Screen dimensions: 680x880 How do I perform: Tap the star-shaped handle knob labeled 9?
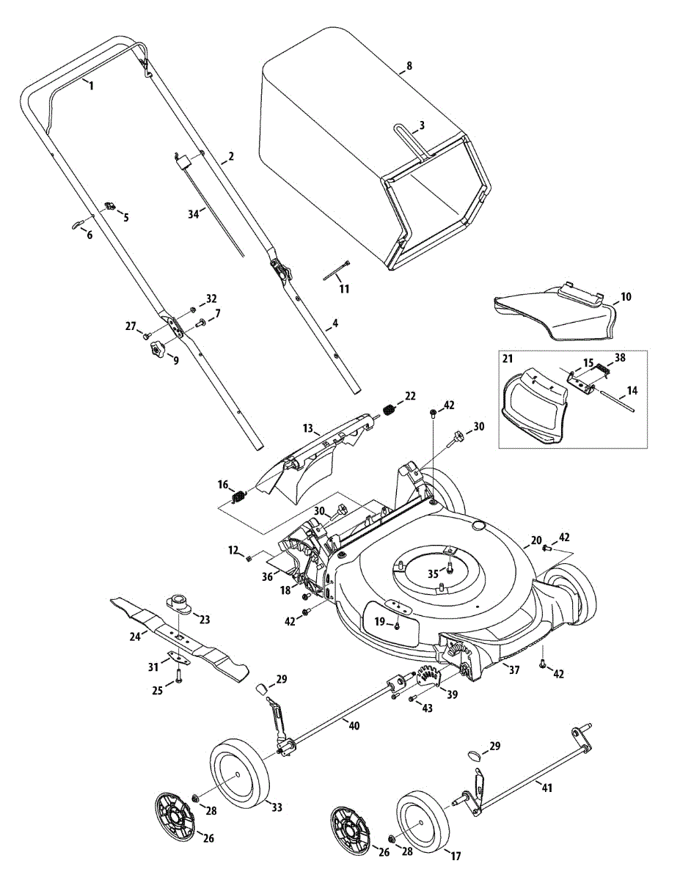click(x=158, y=348)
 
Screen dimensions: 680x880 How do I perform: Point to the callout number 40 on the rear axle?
click(x=354, y=726)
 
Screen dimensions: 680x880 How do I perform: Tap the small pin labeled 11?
click(x=337, y=270)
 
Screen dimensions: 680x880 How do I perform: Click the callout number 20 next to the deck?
click(x=535, y=540)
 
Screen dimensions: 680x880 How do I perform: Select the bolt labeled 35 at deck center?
click(x=450, y=568)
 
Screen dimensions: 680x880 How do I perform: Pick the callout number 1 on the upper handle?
click(x=91, y=87)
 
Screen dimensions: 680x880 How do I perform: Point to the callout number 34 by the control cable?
click(x=194, y=214)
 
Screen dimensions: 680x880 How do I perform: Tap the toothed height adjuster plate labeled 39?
click(x=429, y=677)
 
